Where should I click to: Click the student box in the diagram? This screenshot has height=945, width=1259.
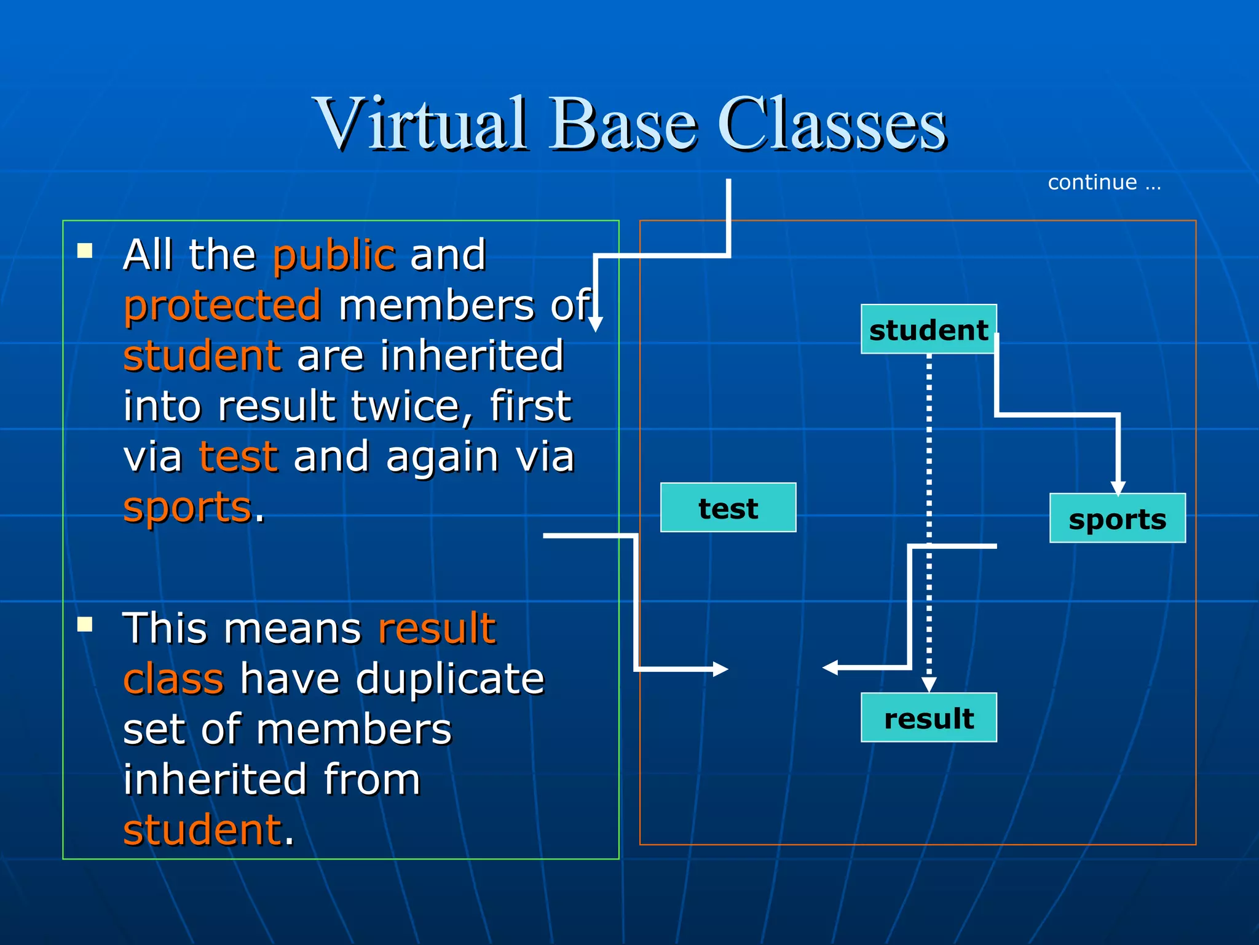tap(928, 330)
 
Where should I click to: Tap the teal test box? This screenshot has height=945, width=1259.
tap(728, 508)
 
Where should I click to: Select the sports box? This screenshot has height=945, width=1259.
tap(1117, 519)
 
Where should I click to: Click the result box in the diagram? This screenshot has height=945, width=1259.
tap(928, 718)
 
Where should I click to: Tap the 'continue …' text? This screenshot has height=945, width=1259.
tap(1104, 183)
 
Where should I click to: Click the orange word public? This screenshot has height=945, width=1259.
tap(334, 255)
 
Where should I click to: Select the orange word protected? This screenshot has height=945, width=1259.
tap(223, 306)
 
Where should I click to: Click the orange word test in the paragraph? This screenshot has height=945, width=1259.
tap(239, 457)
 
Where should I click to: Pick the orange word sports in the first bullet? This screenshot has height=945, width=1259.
tap(187, 508)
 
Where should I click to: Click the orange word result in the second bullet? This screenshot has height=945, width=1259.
tap(436, 629)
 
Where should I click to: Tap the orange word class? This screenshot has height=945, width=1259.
tap(173, 679)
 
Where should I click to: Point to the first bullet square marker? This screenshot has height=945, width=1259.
tap(85, 250)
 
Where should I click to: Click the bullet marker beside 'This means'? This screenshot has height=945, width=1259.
tap(85, 625)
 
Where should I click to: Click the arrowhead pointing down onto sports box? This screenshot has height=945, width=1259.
tap(1118, 488)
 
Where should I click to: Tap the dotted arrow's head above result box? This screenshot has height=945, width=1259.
tap(929, 684)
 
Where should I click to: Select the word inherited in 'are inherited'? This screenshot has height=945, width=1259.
tap(472, 356)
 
